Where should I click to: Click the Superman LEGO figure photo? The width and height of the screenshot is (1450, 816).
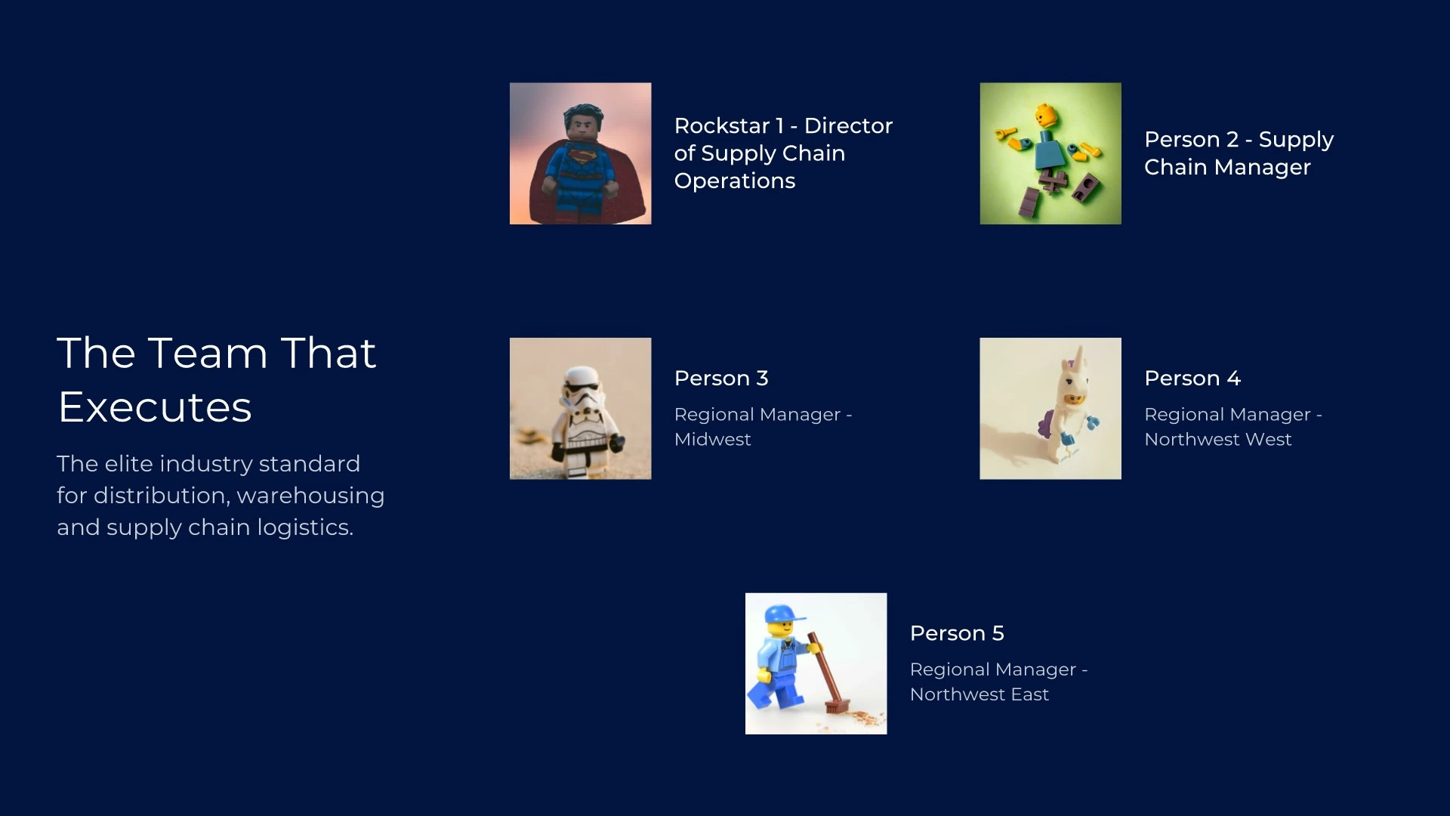(580, 153)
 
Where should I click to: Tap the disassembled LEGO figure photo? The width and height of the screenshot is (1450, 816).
(1050, 153)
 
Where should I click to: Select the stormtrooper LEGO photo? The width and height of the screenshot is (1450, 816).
(580, 408)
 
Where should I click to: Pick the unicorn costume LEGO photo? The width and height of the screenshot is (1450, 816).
(1050, 408)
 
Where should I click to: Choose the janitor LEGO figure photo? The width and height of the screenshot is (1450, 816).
(816, 663)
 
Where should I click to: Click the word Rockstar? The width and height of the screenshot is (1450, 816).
(721, 125)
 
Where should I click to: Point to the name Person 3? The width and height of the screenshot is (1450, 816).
(721, 378)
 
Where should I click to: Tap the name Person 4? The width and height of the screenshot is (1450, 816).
(1192, 378)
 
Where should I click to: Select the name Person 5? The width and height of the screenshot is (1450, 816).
(957, 633)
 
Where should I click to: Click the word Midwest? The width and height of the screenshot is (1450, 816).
(712, 439)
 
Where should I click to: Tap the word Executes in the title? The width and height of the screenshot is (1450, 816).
(155, 407)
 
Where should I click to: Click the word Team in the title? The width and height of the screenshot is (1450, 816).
(208, 353)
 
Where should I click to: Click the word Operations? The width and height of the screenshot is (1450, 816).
(734, 181)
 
